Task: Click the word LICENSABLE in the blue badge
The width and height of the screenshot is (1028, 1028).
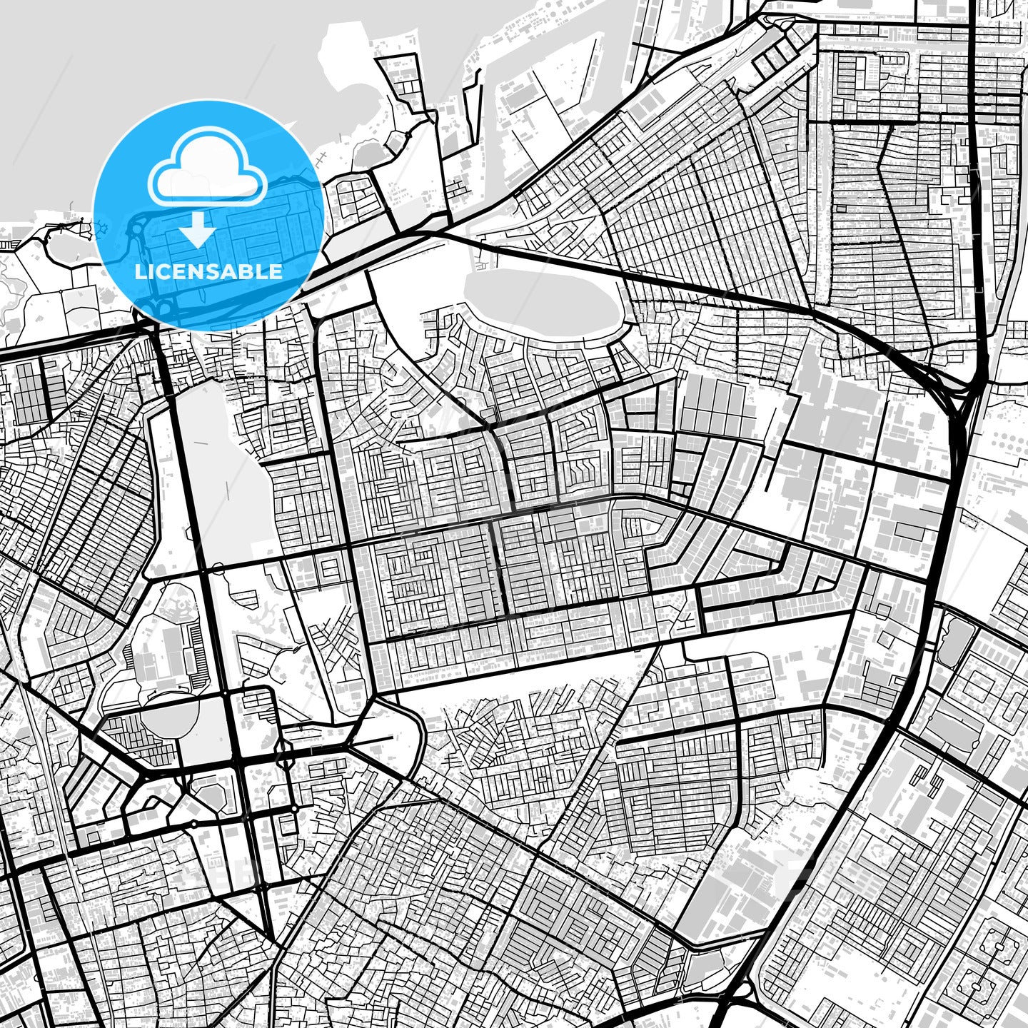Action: (208, 271)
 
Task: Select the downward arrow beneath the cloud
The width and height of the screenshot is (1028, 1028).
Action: (198, 230)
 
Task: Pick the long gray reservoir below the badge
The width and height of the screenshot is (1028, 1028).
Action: (214, 464)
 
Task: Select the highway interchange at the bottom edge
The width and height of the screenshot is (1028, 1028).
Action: (742, 999)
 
